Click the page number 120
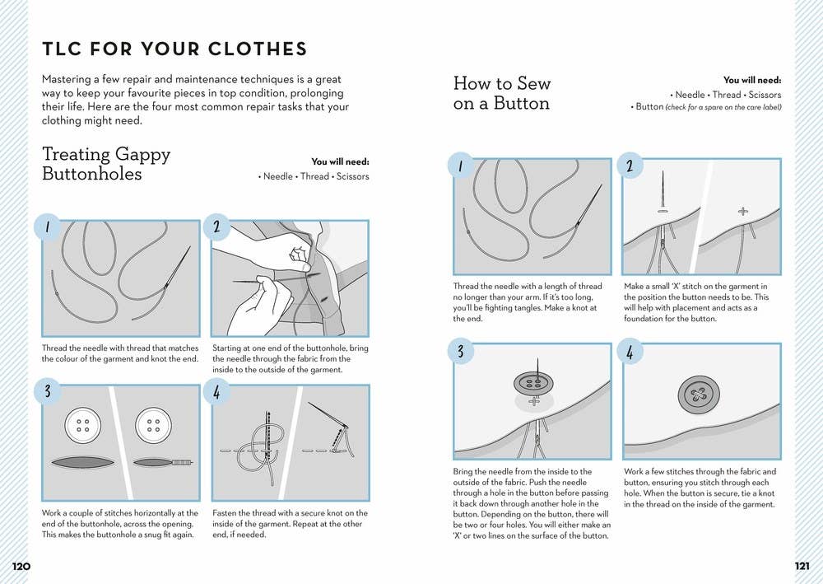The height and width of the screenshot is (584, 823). pyautogui.click(x=21, y=566)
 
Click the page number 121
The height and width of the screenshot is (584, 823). pyautogui.click(x=802, y=566)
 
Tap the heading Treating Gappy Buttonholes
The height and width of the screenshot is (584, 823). pyautogui.click(x=106, y=164)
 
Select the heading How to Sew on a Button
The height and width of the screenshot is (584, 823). pyautogui.click(x=501, y=93)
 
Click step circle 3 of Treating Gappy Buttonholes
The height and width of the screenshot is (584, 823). pyautogui.click(x=49, y=391)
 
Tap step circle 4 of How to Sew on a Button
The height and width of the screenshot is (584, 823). pyautogui.click(x=630, y=353)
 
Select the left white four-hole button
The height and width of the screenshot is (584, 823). pyautogui.click(x=83, y=425)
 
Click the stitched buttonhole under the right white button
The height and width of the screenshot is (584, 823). pyautogui.click(x=163, y=462)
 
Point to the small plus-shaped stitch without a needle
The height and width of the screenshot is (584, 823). pyautogui.click(x=743, y=211)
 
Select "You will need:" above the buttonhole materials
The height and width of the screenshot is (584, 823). pyautogui.click(x=340, y=162)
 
